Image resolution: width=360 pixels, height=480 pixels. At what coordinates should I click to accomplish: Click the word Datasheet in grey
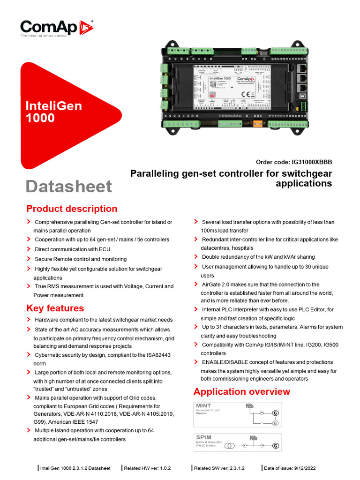(x=69, y=186)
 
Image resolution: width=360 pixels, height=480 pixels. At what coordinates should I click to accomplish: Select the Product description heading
(x=72, y=209)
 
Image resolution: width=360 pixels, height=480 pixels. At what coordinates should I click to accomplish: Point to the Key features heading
(x=55, y=308)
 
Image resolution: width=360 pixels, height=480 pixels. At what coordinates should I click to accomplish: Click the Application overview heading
(x=242, y=391)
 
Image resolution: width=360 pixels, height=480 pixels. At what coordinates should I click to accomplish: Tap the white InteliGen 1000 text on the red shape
(x=53, y=112)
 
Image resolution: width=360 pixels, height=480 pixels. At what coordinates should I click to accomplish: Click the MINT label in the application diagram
(x=204, y=406)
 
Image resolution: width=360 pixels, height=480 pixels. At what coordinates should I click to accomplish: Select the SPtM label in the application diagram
(x=204, y=438)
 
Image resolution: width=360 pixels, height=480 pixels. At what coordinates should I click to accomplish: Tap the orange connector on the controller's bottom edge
(x=257, y=124)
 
